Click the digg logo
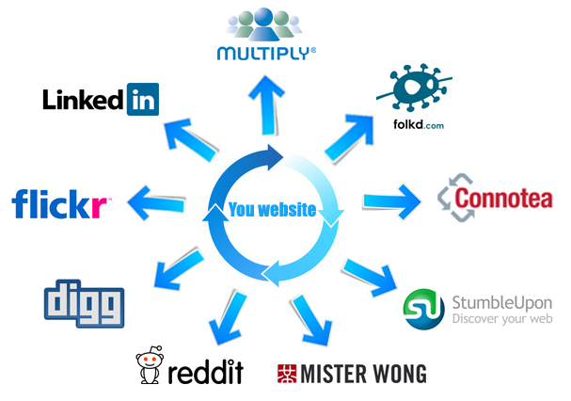84,300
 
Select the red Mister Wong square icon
288,374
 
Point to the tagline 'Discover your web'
501,318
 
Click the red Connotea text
504,199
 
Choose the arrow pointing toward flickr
156,199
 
